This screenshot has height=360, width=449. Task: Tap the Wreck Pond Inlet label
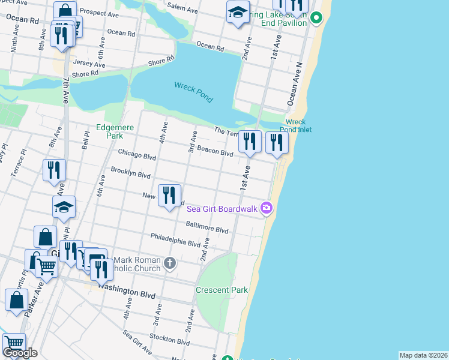(x=298, y=125)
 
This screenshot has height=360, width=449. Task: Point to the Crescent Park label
(x=221, y=290)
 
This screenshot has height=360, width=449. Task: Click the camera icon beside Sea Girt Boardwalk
(x=267, y=208)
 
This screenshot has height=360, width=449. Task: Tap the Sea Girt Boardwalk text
(x=221, y=209)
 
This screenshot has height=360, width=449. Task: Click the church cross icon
(x=170, y=263)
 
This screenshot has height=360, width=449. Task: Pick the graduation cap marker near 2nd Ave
(x=238, y=12)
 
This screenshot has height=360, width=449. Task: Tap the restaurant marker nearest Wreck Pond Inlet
(x=277, y=142)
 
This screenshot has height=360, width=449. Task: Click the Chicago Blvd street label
(x=137, y=155)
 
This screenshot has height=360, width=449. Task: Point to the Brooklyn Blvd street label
(x=130, y=175)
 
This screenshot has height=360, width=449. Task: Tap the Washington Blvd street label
(x=127, y=291)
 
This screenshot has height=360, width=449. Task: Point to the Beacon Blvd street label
(x=214, y=152)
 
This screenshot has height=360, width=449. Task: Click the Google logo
(x=20, y=353)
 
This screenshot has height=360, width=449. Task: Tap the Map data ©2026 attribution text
(x=423, y=355)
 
